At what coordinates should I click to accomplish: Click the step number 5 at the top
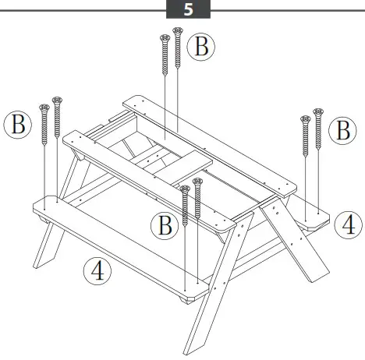point(188,10)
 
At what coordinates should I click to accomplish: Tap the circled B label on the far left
point(17,125)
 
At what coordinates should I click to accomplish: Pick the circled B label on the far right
point(342,130)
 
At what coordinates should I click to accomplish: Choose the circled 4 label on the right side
point(347,225)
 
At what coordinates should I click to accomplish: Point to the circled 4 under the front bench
point(97,271)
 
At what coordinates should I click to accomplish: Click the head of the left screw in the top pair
point(165,38)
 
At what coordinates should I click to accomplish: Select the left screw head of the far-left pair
point(44,107)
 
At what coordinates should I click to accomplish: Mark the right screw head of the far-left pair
point(56,101)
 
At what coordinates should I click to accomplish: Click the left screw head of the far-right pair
point(305,119)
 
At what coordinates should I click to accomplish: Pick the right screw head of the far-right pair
point(317,112)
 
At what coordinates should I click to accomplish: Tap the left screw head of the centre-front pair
point(185,189)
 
